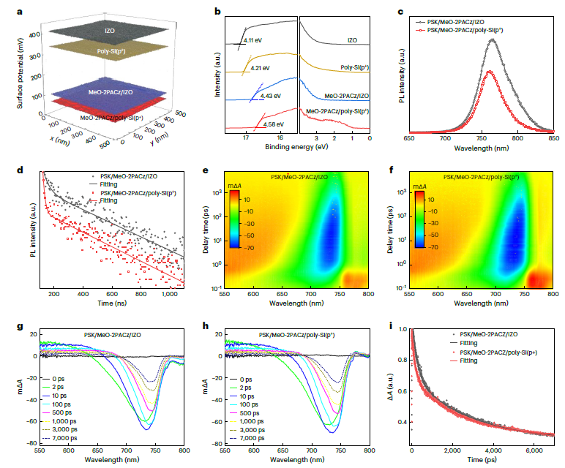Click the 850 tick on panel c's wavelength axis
[x=554, y=137]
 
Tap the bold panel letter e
[x=207, y=172]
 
